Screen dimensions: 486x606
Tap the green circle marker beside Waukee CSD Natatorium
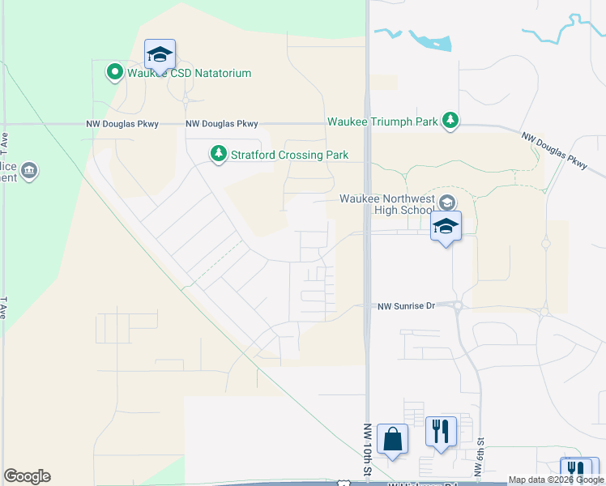point(115,73)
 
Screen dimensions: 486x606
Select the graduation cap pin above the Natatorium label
point(160,55)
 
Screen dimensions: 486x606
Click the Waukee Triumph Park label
point(382,122)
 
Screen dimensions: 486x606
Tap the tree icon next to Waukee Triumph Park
point(450,122)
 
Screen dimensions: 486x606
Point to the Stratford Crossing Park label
point(289,154)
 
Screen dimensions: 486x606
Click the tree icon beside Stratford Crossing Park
point(218,153)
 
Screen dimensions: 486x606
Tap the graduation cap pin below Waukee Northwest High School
point(446,227)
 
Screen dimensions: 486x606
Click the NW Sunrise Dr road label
point(407,306)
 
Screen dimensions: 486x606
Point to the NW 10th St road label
point(366,450)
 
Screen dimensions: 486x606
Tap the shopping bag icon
point(393,440)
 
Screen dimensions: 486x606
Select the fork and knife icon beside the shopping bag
point(441,431)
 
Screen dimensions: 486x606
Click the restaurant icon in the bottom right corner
point(576,470)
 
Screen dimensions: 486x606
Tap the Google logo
point(27,476)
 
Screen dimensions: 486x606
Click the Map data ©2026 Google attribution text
point(556,480)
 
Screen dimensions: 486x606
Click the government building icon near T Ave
point(30,171)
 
